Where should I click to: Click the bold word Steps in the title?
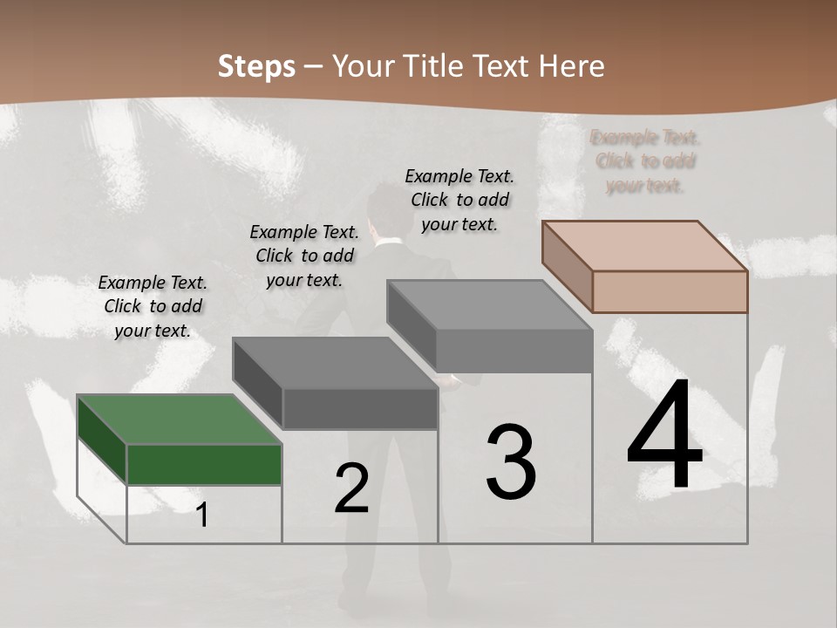tap(256, 66)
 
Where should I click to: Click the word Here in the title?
tap(572, 66)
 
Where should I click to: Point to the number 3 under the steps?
tap(511, 462)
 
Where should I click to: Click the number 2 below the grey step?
tap(351, 489)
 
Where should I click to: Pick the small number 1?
tap(202, 515)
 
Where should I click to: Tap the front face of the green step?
tap(204, 464)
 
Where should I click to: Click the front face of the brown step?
tap(670, 291)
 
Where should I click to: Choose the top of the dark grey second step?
tap(336, 363)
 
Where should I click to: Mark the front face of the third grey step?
tap(514, 351)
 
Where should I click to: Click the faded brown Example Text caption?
tap(645, 161)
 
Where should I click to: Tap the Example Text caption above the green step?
tap(153, 307)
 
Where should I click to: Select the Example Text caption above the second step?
tap(304, 256)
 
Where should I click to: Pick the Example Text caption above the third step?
tap(459, 201)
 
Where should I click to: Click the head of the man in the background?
tap(384, 208)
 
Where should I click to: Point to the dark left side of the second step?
tap(258, 384)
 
